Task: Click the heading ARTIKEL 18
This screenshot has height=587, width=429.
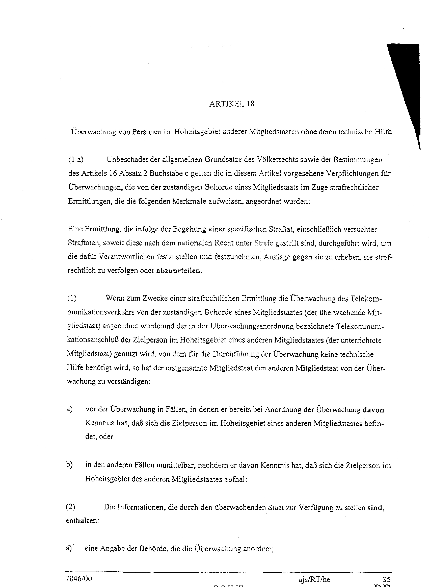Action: point(231,104)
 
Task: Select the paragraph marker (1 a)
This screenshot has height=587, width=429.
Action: point(76,160)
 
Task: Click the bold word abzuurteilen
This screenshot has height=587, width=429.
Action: point(178,271)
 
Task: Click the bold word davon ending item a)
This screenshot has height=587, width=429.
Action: point(373,410)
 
